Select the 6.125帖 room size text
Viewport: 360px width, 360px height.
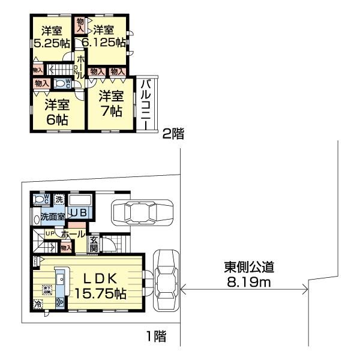tap(105, 37)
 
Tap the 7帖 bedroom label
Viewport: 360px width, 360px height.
tap(111, 103)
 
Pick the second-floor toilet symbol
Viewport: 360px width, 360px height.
tap(62, 83)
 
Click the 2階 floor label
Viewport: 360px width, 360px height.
tap(172, 135)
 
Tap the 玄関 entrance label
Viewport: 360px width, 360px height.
tap(94, 243)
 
